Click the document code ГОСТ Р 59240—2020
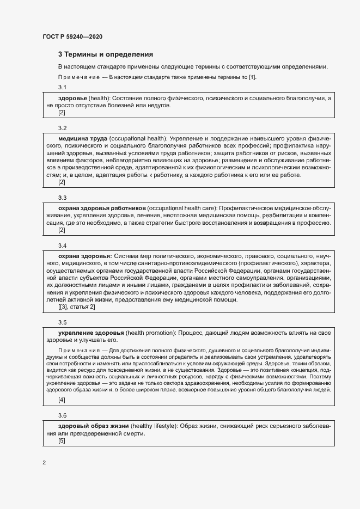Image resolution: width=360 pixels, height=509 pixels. click(72, 36)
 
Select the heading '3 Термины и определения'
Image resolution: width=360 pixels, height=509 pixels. click(106, 54)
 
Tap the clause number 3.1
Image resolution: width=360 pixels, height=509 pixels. click(62, 88)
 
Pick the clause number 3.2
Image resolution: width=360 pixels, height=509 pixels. click(62, 128)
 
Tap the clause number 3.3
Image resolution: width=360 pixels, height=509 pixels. click(62, 198)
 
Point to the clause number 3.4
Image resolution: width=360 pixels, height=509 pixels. click(62, 246)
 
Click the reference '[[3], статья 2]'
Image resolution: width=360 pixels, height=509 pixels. click(77, 308)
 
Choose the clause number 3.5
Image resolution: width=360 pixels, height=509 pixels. click(62, 322)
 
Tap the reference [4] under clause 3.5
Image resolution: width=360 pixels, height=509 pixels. click(62, 400)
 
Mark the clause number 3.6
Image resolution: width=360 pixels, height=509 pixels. click(62, 415)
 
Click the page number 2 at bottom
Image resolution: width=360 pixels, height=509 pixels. click(44, 463)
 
